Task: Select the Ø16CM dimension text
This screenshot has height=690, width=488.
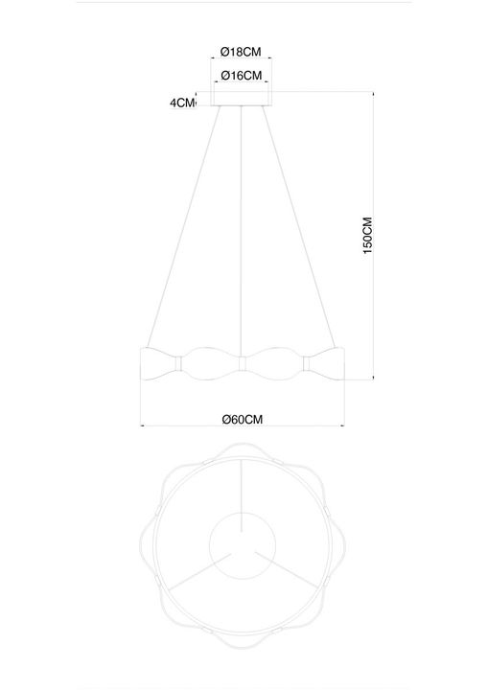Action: (x=241, y=75)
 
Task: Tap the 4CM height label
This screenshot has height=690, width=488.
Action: (x=182, y=103)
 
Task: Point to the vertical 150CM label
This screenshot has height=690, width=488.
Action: (x=367, y=236)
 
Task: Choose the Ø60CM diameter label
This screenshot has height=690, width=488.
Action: (x=242, y=419)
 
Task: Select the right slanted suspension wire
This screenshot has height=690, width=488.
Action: (x=298, y=230)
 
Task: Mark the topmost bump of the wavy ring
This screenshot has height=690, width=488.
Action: (x=242, y=446)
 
